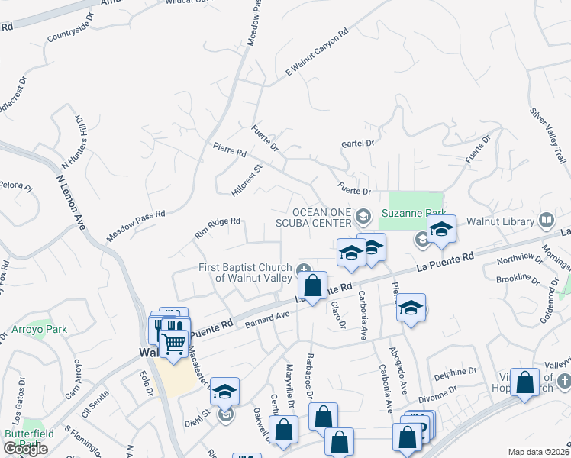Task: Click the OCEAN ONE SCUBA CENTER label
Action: pyautogui.click(x=321, y=218)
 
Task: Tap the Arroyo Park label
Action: pyautogui.click(x=39, y=330)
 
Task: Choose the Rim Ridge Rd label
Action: pyautogui.click(x=218, y=227)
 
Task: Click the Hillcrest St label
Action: pyautogui.click(x=246, y=179)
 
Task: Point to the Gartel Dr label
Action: pyautogui.click(x=357, y=143)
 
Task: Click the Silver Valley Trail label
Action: pyautogui.click(x=547, y=134)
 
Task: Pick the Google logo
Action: pyautogui.click(x=25, y=449)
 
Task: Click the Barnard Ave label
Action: pyautogui.click(x=267, y=319)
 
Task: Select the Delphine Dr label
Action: pyautogui.click(x=455, y=374)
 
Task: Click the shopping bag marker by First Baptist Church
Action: pyautogui.click(x=312, y=286)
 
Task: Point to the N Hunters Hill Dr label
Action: pyautogui.click(x=77, y=143)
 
